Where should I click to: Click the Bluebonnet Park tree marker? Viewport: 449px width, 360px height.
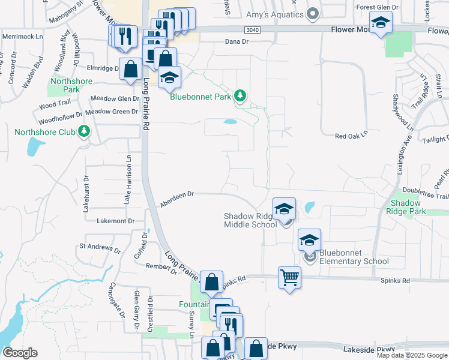(x=240, y=96)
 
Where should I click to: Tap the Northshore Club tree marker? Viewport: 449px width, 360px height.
(x=85, y=131)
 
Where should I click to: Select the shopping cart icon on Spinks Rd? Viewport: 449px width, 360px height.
(x=289, y=277)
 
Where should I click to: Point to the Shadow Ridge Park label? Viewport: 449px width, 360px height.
(x=406, y=207)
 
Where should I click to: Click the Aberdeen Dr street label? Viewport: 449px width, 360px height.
(x=178, y=199)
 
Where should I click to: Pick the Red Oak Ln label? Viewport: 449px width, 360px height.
(x=351, y=136)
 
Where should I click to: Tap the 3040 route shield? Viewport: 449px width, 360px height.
(x=253, y=29)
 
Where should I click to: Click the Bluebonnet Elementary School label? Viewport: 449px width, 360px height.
(x=354, y=257)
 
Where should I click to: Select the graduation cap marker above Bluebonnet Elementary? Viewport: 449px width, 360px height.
(x=309, y=241)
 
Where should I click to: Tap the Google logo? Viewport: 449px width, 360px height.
(x=20, y=353)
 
